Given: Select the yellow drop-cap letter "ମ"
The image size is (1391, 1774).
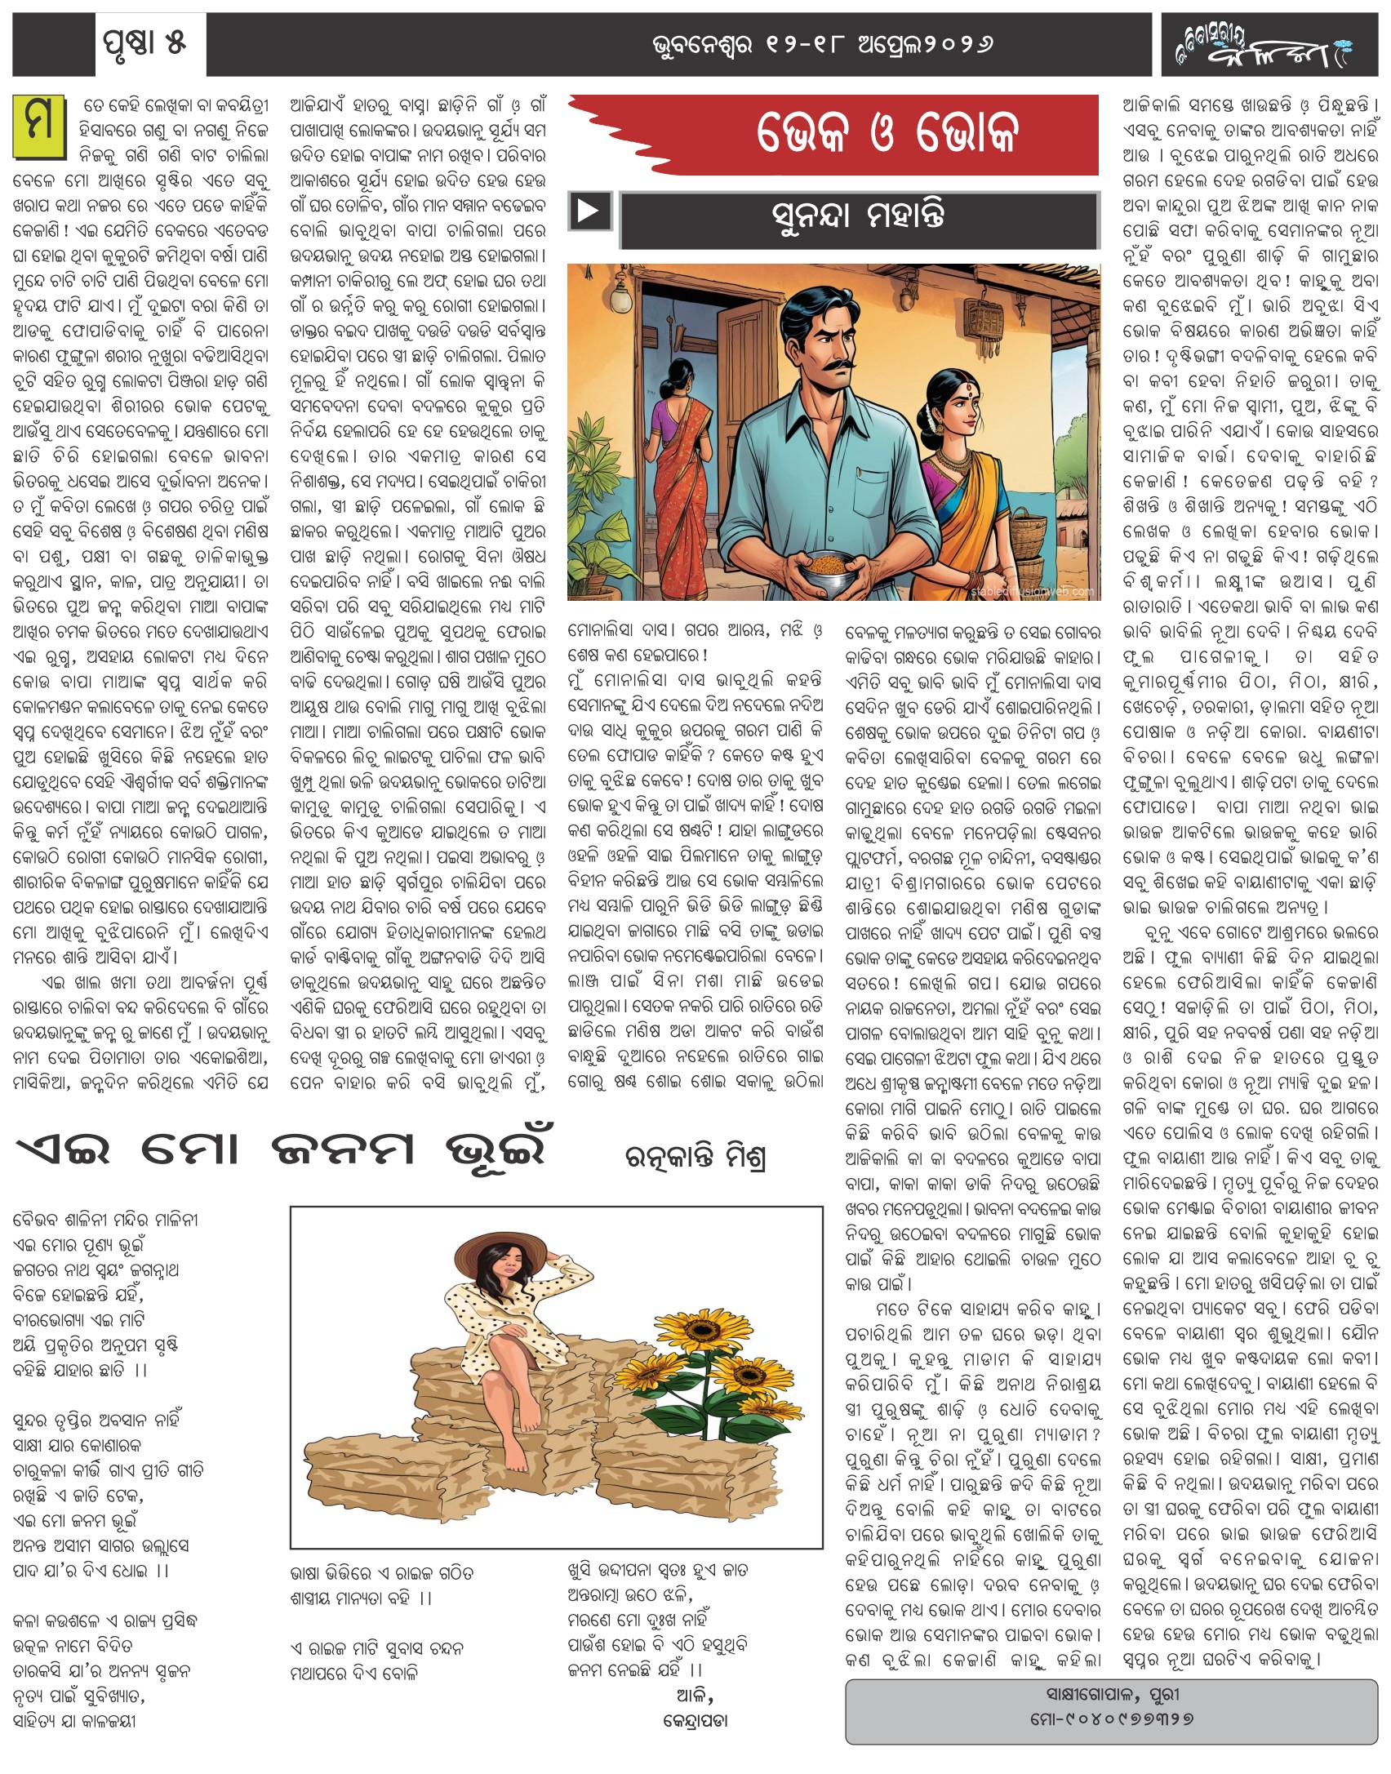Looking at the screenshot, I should (38, 126).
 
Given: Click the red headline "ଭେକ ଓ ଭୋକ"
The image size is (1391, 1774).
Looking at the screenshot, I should (887, 132).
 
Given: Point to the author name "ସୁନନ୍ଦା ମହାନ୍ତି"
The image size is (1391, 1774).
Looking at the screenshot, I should (858, 217).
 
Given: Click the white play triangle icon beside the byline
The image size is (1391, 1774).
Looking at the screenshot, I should (589, 211).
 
